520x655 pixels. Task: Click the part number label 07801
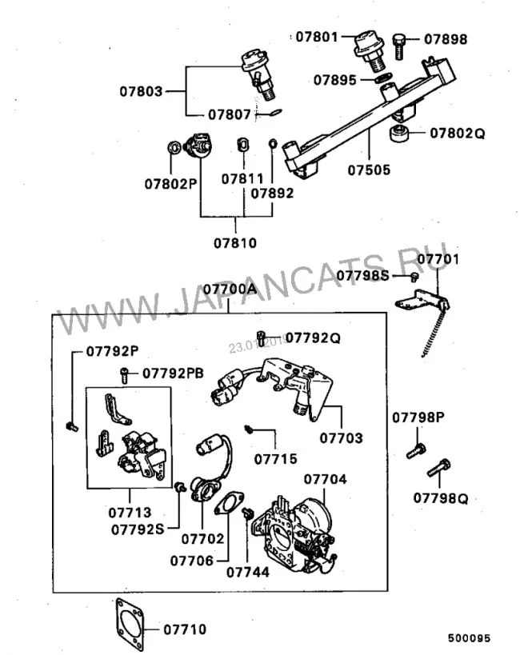pos(318,37)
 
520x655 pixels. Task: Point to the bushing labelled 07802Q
pos(398,134)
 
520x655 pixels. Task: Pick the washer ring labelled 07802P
pos(172,148)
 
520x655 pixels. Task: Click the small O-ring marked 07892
pos(273,145)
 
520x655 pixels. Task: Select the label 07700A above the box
pos(230,288)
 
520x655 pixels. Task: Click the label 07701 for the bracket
pos(438,259)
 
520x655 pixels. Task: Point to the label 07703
pos(341,437)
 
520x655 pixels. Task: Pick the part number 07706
pos(191,561)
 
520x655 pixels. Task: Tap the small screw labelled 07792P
pos(71,426)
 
